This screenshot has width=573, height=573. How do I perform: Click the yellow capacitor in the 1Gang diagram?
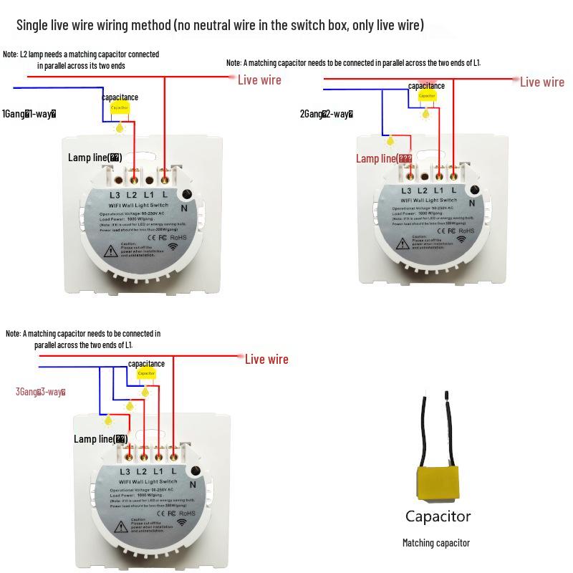[120, 108]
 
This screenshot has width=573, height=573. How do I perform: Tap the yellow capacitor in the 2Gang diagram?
[427, 96]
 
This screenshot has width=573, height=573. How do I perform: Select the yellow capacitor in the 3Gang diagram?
[146, 374]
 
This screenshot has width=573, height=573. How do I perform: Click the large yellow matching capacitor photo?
[437, 483]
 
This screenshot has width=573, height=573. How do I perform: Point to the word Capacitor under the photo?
[438, 516]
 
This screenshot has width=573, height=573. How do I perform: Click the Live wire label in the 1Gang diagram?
[259, 80]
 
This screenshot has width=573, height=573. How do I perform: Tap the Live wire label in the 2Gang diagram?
[541, 82]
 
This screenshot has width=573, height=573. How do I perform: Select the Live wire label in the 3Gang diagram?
[266, 359]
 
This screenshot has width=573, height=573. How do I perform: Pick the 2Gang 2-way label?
[327, 114]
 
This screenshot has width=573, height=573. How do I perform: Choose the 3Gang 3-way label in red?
[41, 392]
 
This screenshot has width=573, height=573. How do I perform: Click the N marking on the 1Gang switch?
[183, 208]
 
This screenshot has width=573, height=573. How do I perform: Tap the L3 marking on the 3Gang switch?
[125, 471]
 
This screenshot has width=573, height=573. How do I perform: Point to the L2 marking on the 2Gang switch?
[423, 191]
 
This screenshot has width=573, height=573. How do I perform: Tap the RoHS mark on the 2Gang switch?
[467, 231]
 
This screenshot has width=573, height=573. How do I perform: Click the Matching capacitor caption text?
[435, 543]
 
